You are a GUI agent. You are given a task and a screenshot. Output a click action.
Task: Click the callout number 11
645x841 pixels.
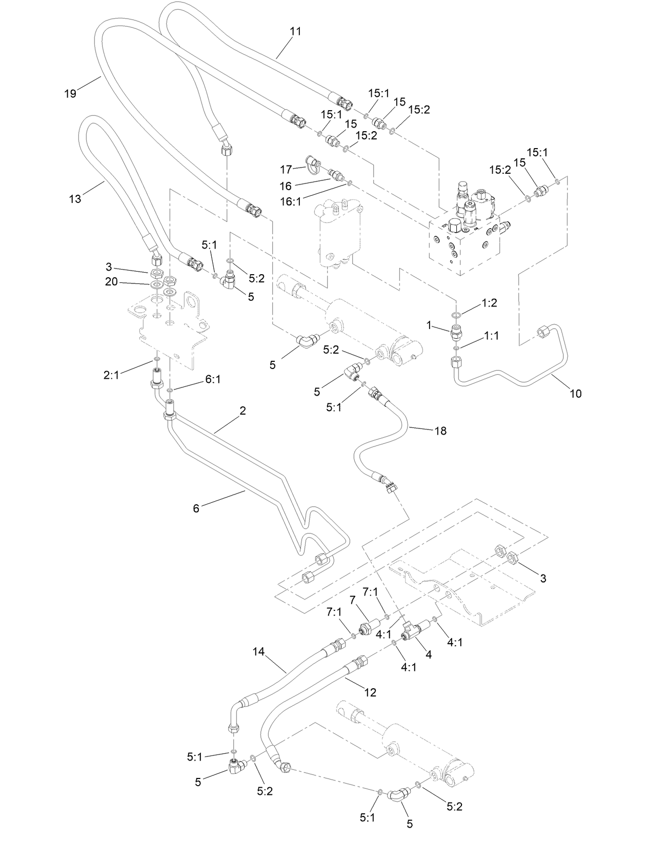295,31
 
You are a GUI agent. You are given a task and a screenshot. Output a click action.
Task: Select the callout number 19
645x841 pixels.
70,93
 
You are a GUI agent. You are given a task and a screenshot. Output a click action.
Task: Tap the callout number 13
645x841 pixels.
75,199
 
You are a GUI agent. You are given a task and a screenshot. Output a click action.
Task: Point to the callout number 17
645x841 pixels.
286,169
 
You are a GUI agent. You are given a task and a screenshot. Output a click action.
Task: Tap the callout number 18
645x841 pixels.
440,430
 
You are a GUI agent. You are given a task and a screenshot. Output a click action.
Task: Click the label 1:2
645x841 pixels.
490,303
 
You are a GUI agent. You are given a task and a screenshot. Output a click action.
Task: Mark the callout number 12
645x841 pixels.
370,692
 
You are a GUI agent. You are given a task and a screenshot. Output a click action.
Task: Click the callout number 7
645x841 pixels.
352,599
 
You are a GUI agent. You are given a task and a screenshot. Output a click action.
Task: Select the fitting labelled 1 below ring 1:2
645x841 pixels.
455,333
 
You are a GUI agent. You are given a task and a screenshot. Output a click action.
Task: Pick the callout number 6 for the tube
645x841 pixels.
196,508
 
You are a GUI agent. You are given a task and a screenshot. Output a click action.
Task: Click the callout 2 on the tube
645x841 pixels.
243,411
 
